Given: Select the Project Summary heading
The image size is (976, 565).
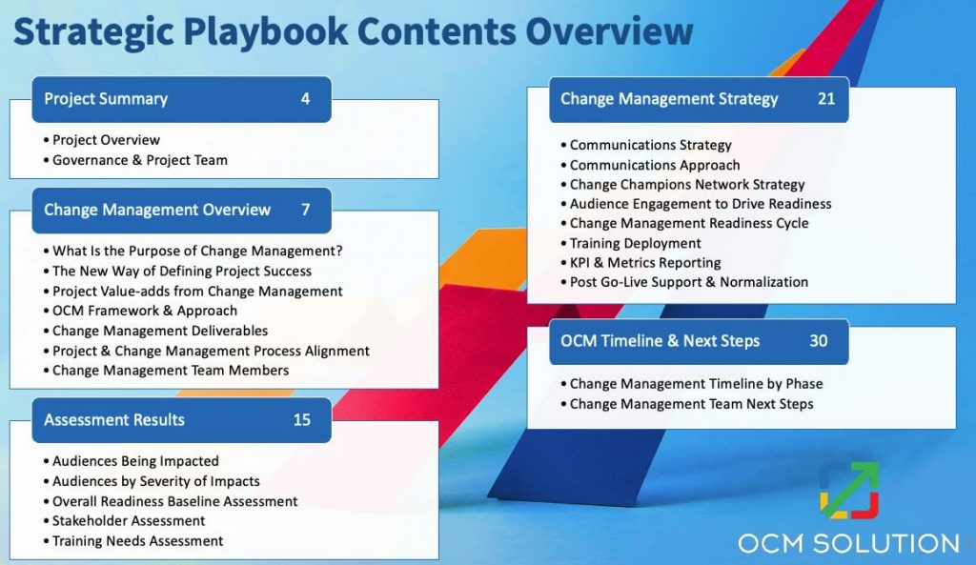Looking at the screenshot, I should click(x=106, y=98).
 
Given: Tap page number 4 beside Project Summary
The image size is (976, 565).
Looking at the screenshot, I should click(x=305, y=98).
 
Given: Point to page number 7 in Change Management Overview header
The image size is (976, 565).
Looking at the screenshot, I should click(x=305, y=210).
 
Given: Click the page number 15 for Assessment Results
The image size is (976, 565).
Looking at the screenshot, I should click(x=301, y=419).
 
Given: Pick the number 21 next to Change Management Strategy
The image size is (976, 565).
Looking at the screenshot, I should click(x=825, y=98).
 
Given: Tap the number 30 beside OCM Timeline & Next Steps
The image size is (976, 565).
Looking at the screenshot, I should click(x=818, y=340).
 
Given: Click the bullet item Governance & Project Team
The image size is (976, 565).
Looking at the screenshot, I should click(x=139, y=160).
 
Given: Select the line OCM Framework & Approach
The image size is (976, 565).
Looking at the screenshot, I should click(x=144, y=311).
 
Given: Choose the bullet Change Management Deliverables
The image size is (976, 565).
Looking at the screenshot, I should click(x=159, y=331).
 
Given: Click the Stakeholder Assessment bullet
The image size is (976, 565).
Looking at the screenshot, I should click(x=129, y=521).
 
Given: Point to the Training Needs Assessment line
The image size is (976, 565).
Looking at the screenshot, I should click(x=137, y=541).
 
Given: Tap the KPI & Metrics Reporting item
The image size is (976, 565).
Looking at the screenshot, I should click(x=644, y=263).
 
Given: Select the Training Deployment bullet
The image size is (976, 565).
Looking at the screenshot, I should click(x=635, y=243).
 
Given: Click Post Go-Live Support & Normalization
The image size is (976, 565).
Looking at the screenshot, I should click(x=688, y=282).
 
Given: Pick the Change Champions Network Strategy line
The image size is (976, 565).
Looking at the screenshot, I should click(x=686, y=184).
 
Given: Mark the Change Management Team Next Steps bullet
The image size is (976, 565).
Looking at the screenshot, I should click(x=691, y=404).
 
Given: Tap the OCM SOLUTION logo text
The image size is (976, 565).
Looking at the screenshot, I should click(x=848, y=544).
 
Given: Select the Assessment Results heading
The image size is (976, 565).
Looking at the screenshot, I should click(x=114, y=419).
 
